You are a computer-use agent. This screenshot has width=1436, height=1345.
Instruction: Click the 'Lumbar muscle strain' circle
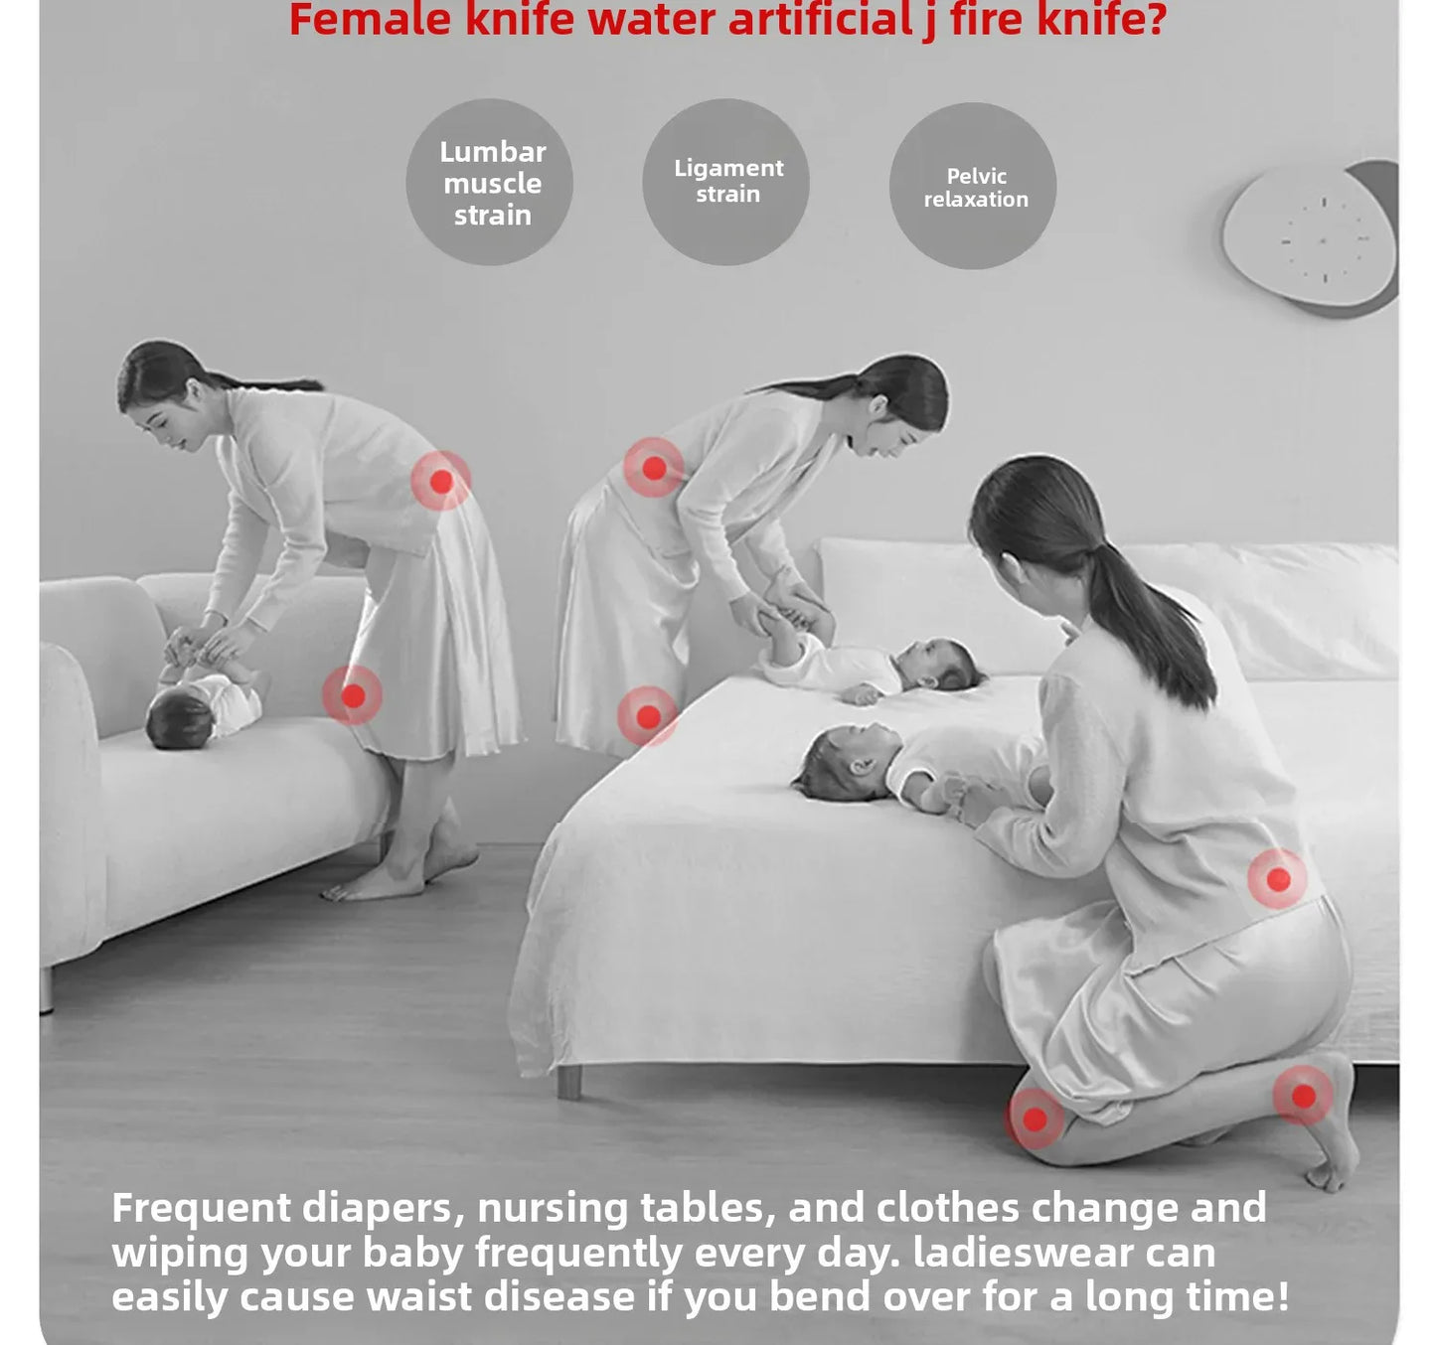click(x=490, y=182)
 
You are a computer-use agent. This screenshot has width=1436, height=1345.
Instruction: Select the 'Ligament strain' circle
click(x=726, y=182)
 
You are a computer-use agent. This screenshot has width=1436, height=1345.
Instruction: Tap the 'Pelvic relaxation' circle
click(x=973, y=186)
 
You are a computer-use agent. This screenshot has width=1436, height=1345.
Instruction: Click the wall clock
click(x=1310, y=237)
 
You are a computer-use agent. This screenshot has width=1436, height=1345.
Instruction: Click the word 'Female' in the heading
click(x=371, y=19)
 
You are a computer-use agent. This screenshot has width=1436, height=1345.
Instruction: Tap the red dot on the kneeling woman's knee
click(x=1035, y=1120)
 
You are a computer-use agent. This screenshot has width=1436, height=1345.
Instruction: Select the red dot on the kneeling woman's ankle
click(x=1303, y=1097)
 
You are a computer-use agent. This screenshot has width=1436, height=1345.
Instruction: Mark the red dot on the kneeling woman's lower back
click(x=1278, y=879)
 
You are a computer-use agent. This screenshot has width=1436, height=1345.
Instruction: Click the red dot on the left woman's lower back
click(x=441, y=481)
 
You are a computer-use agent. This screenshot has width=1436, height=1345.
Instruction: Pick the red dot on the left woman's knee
click(x=353, y=695)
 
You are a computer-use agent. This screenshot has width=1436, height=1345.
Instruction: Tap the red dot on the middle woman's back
click(x=654, y=468)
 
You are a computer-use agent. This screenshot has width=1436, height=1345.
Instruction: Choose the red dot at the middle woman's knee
click(x=648, y=716)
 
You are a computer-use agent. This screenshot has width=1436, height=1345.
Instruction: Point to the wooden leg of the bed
click(x=569, y=1083)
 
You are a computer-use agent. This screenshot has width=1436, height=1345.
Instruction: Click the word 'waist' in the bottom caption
click(x=418, y=1295)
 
